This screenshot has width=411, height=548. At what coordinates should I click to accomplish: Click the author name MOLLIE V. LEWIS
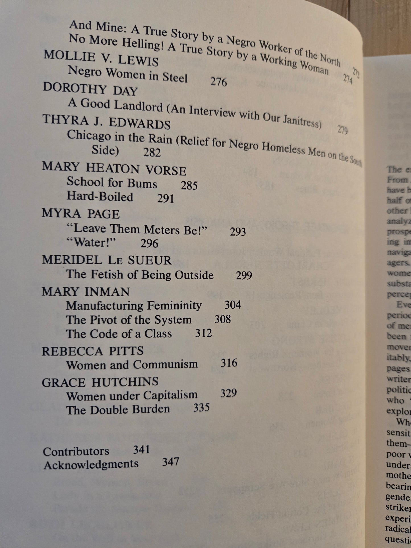tap(101, 58)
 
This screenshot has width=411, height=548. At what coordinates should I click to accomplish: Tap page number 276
tap(218, 82)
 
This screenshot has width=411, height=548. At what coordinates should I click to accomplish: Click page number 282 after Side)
tap(152, 153)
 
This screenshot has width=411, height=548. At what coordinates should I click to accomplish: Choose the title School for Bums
tap(112, 183)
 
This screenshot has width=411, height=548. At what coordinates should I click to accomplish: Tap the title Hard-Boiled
tap(100, 197)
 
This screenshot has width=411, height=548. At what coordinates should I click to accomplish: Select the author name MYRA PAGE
tap(81, 214)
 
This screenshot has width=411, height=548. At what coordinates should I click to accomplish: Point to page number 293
tap(238, 232)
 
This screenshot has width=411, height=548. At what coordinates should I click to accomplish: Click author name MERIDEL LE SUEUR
tap(107, 260)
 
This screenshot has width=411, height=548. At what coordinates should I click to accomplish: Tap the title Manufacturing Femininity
tap(134, 306)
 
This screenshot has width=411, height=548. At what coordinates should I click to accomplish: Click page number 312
tap(203, 333)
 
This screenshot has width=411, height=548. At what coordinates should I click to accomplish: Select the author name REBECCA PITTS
tap(93, 351)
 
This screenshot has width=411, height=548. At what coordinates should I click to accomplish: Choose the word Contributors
tap(76, 451)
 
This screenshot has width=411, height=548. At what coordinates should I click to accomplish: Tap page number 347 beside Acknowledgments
tap(170, 462)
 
